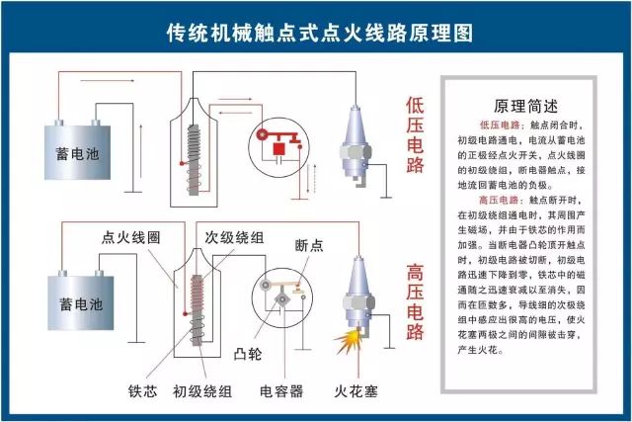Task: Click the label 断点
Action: [x=310, y=244]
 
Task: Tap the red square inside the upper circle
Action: [x=279, y=149]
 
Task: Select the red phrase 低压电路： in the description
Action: [x=504, y=127]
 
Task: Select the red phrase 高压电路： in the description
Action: [x=504, y=200]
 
